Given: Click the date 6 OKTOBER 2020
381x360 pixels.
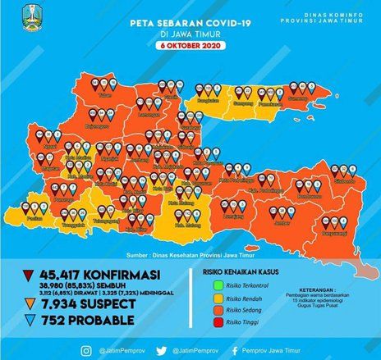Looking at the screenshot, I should (190, 46).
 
